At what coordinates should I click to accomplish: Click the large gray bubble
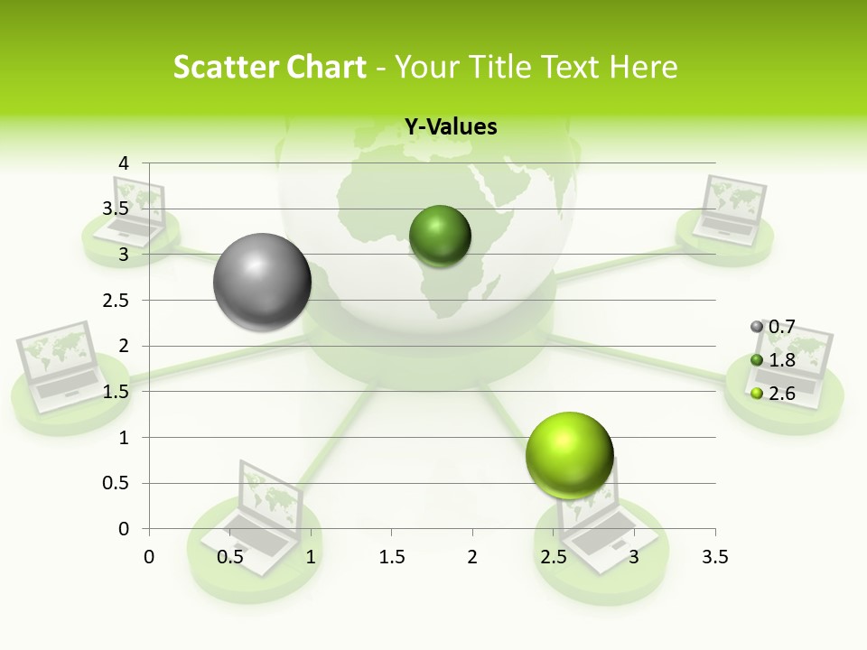pos(262,282)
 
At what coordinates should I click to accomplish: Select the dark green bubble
pos(440,236)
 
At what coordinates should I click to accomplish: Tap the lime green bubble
pos(569,455)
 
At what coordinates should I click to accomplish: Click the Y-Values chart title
pos(450,127)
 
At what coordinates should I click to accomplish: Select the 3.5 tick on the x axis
pos(714,557)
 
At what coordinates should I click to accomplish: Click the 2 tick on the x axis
pos(472,557)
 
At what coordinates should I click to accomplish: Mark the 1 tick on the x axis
pos(311,557)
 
